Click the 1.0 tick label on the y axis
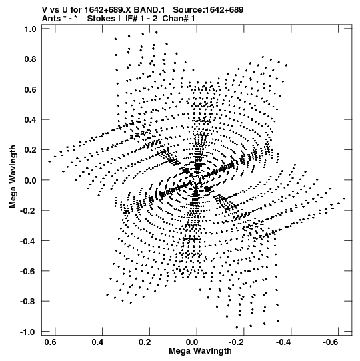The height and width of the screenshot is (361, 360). (30, 29)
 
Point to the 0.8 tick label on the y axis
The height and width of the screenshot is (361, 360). (30, 59)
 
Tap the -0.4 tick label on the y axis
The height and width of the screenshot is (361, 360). (28, 241)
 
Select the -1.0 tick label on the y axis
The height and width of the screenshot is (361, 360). (28, 332)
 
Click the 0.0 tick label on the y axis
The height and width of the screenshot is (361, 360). (30, 180)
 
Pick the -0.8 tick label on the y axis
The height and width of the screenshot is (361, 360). (28, 302)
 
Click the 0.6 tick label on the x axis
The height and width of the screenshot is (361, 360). (51, 342)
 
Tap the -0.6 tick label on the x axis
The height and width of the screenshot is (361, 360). (331, 342)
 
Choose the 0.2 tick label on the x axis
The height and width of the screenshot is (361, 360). (145, 342)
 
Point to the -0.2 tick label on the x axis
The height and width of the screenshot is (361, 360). (237, 342)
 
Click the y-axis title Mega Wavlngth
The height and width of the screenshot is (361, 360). (13, 177)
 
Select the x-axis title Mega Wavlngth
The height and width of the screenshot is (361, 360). (200, 351)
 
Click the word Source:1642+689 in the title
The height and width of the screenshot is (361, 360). (208, 10)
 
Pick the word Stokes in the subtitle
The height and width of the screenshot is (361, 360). (101, 19)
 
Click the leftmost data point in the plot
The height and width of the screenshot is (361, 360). (49, 161)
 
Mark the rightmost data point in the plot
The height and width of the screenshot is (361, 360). (344, 198)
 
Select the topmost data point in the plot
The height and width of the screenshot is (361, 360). (157, 33)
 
